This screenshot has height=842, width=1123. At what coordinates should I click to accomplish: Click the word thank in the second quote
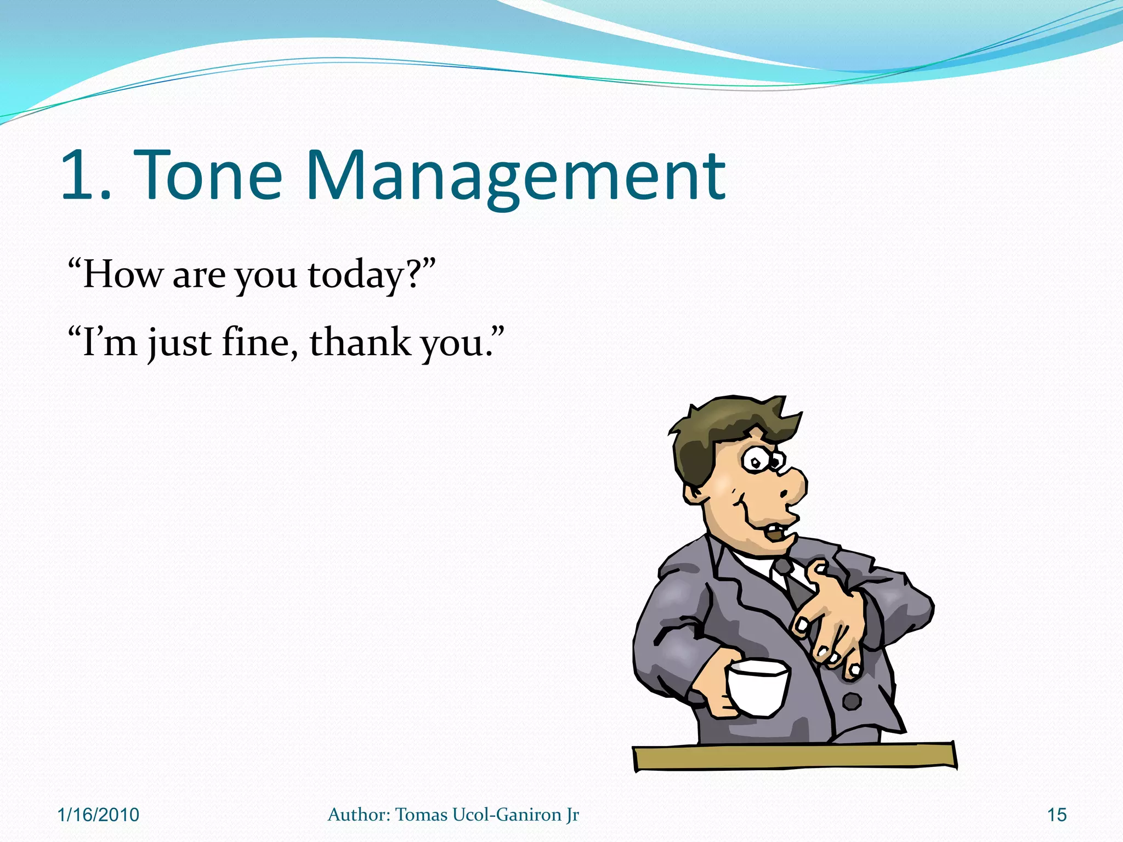[x=360, y=343]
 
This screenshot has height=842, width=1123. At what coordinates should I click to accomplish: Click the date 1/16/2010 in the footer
[x=98, y=815]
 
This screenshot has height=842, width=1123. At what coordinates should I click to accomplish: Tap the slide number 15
[x=1057, y=815]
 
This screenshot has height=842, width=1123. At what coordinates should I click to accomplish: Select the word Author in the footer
[x=358, y=815]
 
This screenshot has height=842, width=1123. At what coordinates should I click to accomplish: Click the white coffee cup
[x=757, y=688]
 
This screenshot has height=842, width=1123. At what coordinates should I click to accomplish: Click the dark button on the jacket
[x=851, y=701]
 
